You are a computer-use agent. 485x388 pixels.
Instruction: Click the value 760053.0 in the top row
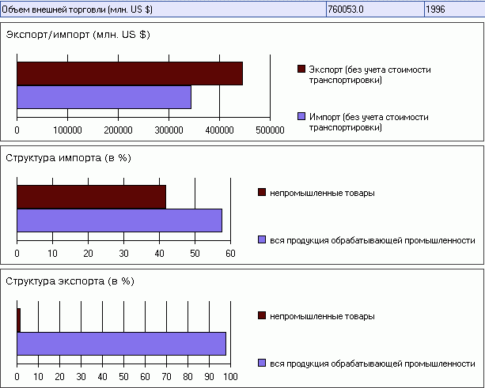tap(347, 9)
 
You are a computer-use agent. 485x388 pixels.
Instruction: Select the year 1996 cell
tap(437, 9)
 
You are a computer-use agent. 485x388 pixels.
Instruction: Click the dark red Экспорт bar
tap(129, 73)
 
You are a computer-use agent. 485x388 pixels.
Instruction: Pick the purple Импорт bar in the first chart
tap(104, 96)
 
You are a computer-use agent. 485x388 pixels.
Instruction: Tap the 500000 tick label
tap(270, 130)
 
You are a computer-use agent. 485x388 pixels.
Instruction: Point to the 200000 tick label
tap(119, 130)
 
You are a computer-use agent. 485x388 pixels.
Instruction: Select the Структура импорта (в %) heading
tap(68, 157)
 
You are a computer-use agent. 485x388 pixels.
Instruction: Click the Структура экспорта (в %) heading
tap(70, 281)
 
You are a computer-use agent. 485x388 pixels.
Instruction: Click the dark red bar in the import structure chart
tap(91, 197)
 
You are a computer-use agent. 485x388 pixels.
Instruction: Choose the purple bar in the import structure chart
tap(119, 220)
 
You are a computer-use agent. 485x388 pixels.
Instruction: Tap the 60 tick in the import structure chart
tap(230, 253)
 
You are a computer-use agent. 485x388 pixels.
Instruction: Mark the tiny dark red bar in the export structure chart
tap(18, 320)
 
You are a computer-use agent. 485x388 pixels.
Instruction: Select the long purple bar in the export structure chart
tap(121, 343)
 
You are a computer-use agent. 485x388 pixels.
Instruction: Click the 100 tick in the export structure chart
tap(230, 376)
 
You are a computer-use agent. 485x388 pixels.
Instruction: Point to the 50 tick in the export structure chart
tap(123, 376)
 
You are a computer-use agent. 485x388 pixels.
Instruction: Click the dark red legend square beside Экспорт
tap(301, 70)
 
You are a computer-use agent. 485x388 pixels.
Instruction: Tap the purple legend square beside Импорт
tap(301, 117)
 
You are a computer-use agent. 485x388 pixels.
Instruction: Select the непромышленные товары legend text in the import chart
tap(322, 193)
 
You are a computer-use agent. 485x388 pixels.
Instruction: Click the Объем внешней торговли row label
tap(79, 9)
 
